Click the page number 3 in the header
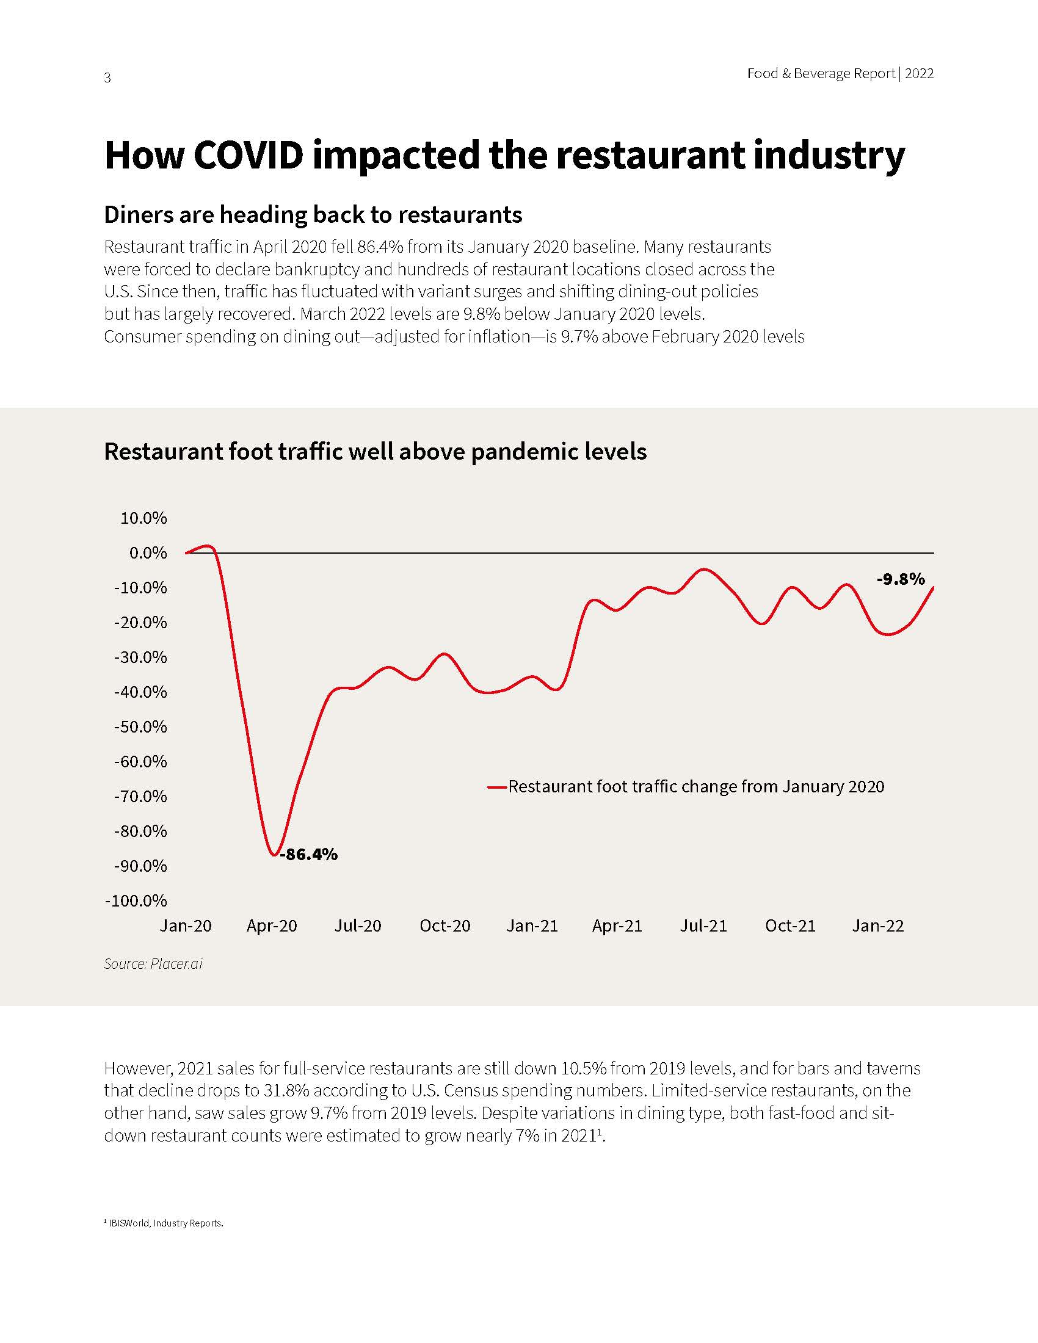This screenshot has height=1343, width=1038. pos(107,78)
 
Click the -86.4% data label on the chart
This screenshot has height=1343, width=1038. pos(309,854)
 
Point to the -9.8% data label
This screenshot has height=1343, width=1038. pos(900,579)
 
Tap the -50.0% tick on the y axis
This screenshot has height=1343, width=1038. pos(140,727)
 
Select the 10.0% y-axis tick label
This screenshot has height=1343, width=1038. pos(143,518)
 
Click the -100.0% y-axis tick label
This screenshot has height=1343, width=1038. pos(136,901)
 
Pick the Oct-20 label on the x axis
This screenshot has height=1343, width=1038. pos(445,925)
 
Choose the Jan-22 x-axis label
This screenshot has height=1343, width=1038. pos(877,925)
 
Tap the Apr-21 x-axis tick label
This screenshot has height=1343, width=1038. pos(617,925)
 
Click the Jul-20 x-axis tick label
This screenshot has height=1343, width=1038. pos(358,925)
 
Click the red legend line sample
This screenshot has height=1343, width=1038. pos(496,787)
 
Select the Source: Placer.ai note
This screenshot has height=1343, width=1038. pos(153,963)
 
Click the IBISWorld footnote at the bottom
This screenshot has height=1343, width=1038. pos(164,1223)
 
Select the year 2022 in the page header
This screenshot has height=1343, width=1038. pos(920,74)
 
